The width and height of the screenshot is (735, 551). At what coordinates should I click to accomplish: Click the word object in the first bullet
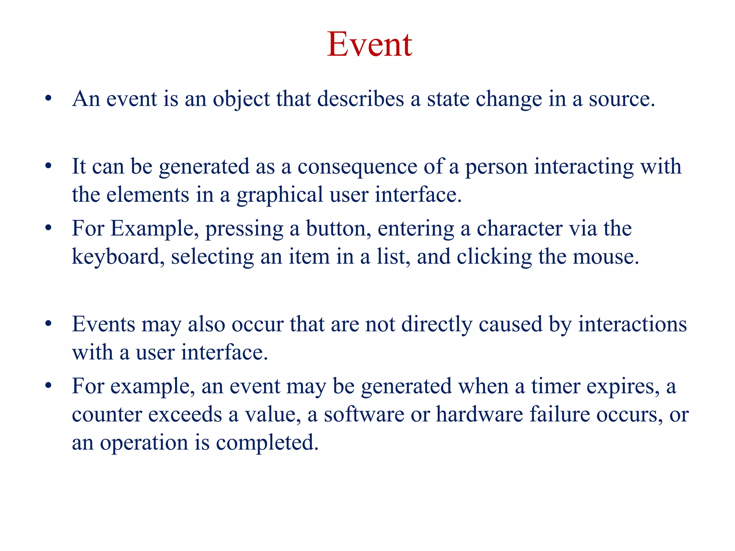241,99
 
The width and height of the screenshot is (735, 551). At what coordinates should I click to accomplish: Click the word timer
556,386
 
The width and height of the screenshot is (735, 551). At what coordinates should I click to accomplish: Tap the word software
364,415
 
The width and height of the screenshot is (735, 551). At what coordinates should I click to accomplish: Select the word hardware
479,415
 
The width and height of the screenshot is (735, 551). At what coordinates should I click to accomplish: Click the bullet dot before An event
48,98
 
